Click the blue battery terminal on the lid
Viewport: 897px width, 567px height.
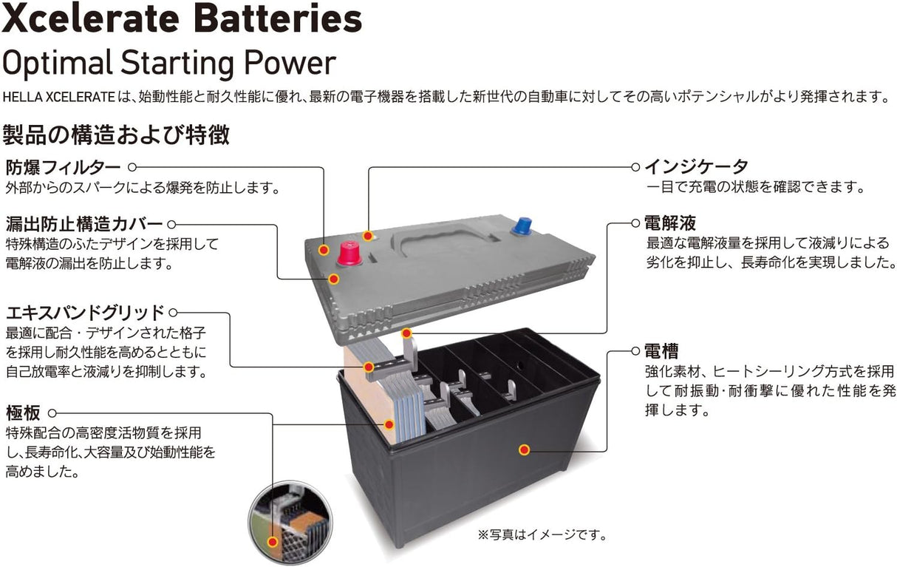click(x=523, y=225)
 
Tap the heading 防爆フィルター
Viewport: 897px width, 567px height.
click(x=62, y=167)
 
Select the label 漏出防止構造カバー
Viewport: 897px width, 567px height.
click(x=83, y=224)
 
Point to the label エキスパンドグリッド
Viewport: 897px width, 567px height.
click(x=84, y=313)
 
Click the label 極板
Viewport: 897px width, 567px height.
click(x=23, y=412)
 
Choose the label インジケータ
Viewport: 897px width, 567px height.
click(x=697, y=167)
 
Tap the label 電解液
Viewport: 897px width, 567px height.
click(x=670, y=223)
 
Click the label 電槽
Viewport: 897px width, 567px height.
click(x=661, y=350)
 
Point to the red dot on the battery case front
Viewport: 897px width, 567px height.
click(x=524, y=449)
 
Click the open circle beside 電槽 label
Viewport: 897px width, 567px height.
click(x=635, y=350)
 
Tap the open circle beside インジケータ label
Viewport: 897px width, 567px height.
click(x=635, y=167)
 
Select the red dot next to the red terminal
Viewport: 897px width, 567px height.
click(x=323, y=251)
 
